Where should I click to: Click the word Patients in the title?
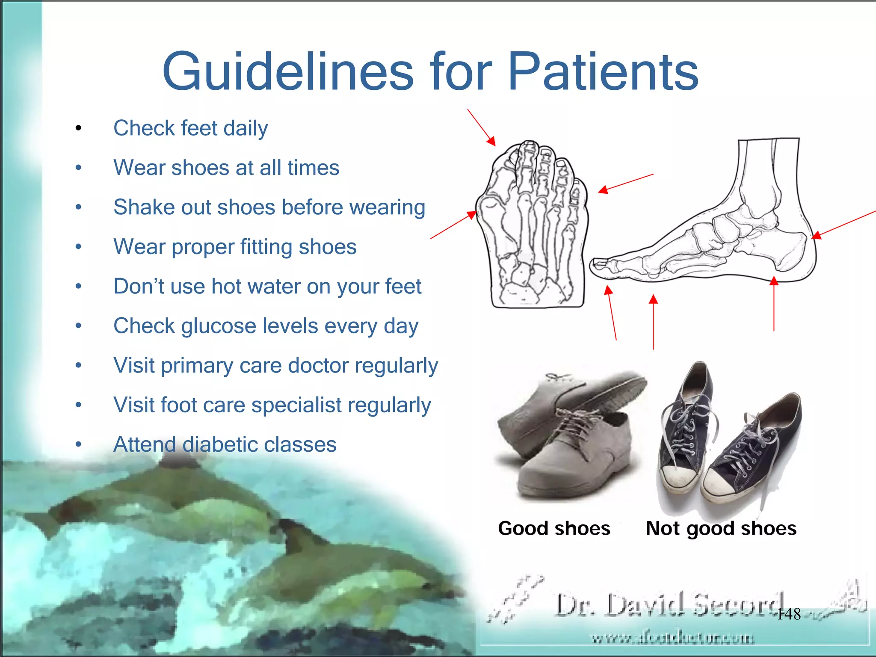pyautogui.click(x=603, y=72)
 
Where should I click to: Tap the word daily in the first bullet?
pyautogui.click(x=246, y=128)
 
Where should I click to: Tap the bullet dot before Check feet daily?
pyautogui.click(x=78, y=128)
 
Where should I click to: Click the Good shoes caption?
pyautogui.click(x=554, y=528)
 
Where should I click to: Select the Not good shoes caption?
pyautogui.click(x=721, y=528)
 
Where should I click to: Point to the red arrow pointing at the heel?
pyautogui.click(x=843, y=224)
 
